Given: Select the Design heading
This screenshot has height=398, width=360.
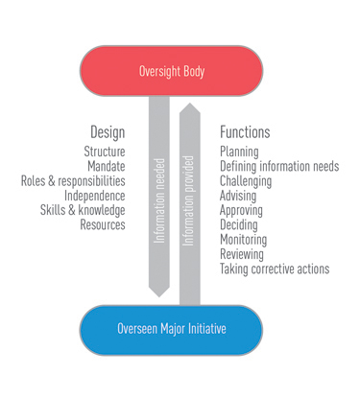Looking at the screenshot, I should point(108,131).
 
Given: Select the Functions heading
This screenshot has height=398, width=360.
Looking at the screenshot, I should point(245,131).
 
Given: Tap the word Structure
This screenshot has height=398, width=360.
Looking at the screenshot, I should point(105,152).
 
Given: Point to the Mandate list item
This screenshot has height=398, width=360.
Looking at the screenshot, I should point(106,166).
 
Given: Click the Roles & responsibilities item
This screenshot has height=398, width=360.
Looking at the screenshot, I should point(74,180).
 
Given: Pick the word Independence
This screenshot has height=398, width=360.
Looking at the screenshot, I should point(94,195).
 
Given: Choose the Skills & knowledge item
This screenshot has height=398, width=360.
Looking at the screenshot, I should point(84,210).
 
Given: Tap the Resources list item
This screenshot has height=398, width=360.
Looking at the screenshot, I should point(103,224).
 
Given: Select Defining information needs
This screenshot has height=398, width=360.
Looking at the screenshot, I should point(279,166).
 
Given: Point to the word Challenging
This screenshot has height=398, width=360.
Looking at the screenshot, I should point(247,180).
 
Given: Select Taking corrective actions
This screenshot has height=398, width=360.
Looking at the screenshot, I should point(275,269).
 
